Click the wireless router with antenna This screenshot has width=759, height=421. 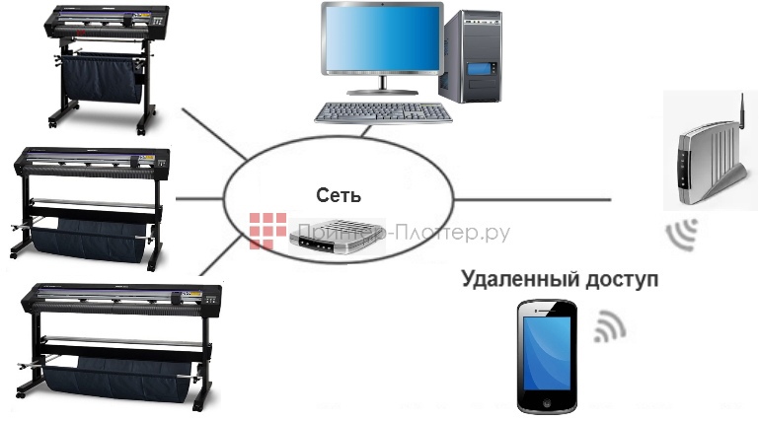coord(706,162)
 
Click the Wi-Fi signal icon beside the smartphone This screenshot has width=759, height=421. coord(609,328)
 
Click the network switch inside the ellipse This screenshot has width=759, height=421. coord(336,234)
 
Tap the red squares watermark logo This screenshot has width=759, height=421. coord(266,231)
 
